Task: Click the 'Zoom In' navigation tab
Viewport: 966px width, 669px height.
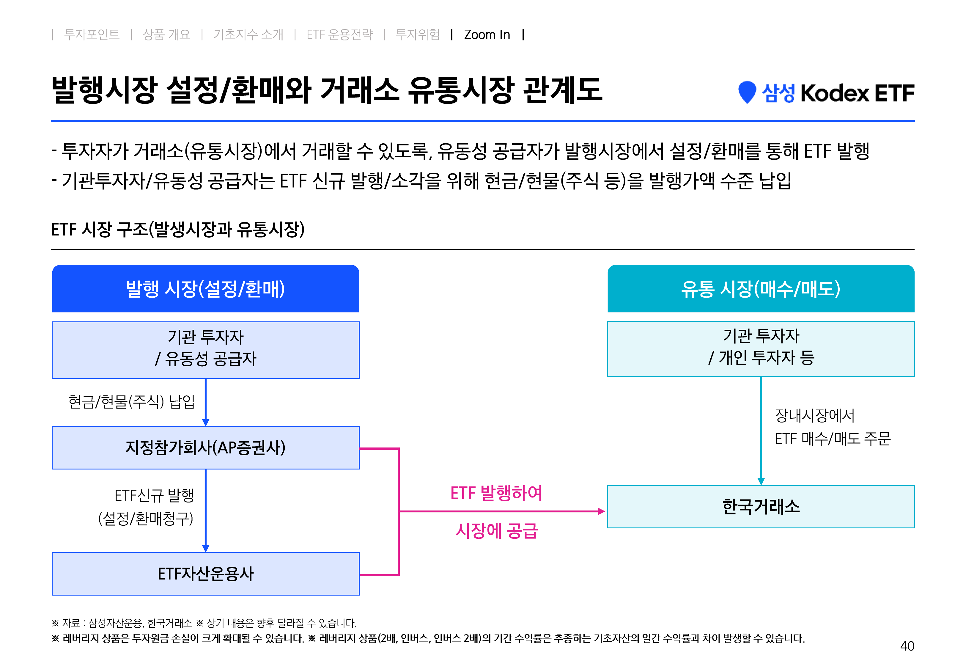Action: tap(487, 34)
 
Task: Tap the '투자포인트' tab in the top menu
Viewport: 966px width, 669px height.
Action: tap(92, 34)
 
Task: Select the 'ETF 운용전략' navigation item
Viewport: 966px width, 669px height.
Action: tap(339, 34)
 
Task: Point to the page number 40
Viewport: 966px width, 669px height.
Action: tap(907, 646)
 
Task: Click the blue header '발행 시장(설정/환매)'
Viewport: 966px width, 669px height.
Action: tap(206, 288)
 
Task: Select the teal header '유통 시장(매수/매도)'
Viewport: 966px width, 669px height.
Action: tap(761, 288)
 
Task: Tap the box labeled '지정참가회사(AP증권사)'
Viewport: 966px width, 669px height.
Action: tap(206, 448)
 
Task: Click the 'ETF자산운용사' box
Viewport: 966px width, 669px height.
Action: tap(206, 574)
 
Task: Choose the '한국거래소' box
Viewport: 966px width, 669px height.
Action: tap(761, 506)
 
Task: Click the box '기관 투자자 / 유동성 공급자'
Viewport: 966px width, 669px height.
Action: tap(206, 350)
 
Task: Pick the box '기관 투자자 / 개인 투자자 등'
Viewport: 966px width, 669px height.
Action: tap(761, 349)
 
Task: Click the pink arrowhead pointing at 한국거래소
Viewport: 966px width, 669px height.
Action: tap(602, 511)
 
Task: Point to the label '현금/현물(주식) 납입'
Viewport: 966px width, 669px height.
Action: tap(132, 402)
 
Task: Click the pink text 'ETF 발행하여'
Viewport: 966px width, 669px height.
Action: tap(496, 493)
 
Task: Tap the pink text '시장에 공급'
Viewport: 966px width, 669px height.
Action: tap(496, 531)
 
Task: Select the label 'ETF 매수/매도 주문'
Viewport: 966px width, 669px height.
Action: tap(832, 439)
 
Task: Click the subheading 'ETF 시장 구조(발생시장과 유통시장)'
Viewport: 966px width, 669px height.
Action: tap(178, 229)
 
